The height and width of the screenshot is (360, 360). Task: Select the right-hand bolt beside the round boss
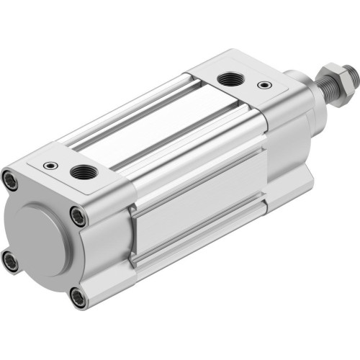click(x=78, y=214)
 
